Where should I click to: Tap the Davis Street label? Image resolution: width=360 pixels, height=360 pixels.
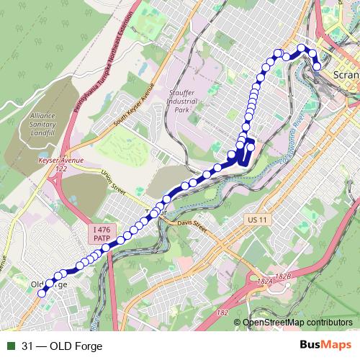coord(192,227)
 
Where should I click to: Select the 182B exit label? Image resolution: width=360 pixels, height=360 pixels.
coord(284,276)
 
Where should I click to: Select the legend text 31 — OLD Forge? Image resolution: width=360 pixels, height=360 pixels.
coord(62,346)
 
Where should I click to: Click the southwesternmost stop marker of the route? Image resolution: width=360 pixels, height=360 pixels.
coord(43,292)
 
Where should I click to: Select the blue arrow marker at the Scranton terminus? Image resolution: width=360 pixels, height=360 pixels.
coord(316,70)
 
